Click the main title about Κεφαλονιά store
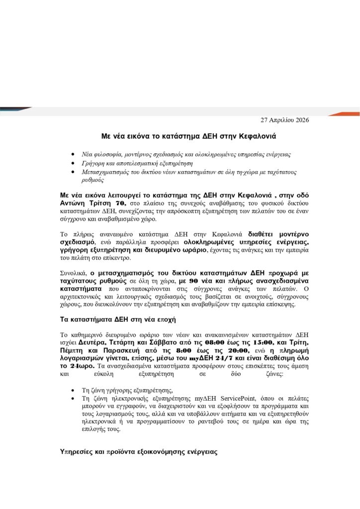[180, 135]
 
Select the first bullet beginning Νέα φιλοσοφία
[186, 154]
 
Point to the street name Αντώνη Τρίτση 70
[92, 204]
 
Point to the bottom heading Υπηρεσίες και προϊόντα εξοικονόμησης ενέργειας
[137, 453]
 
